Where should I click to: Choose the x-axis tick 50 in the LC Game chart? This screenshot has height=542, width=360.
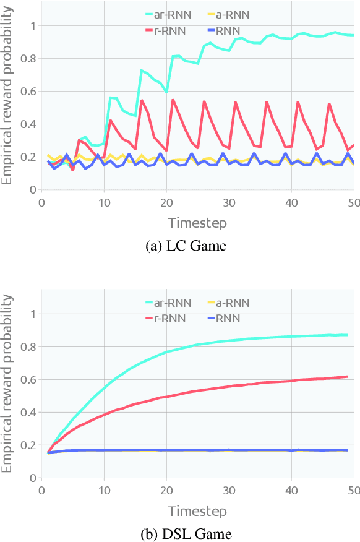(352, 202)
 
